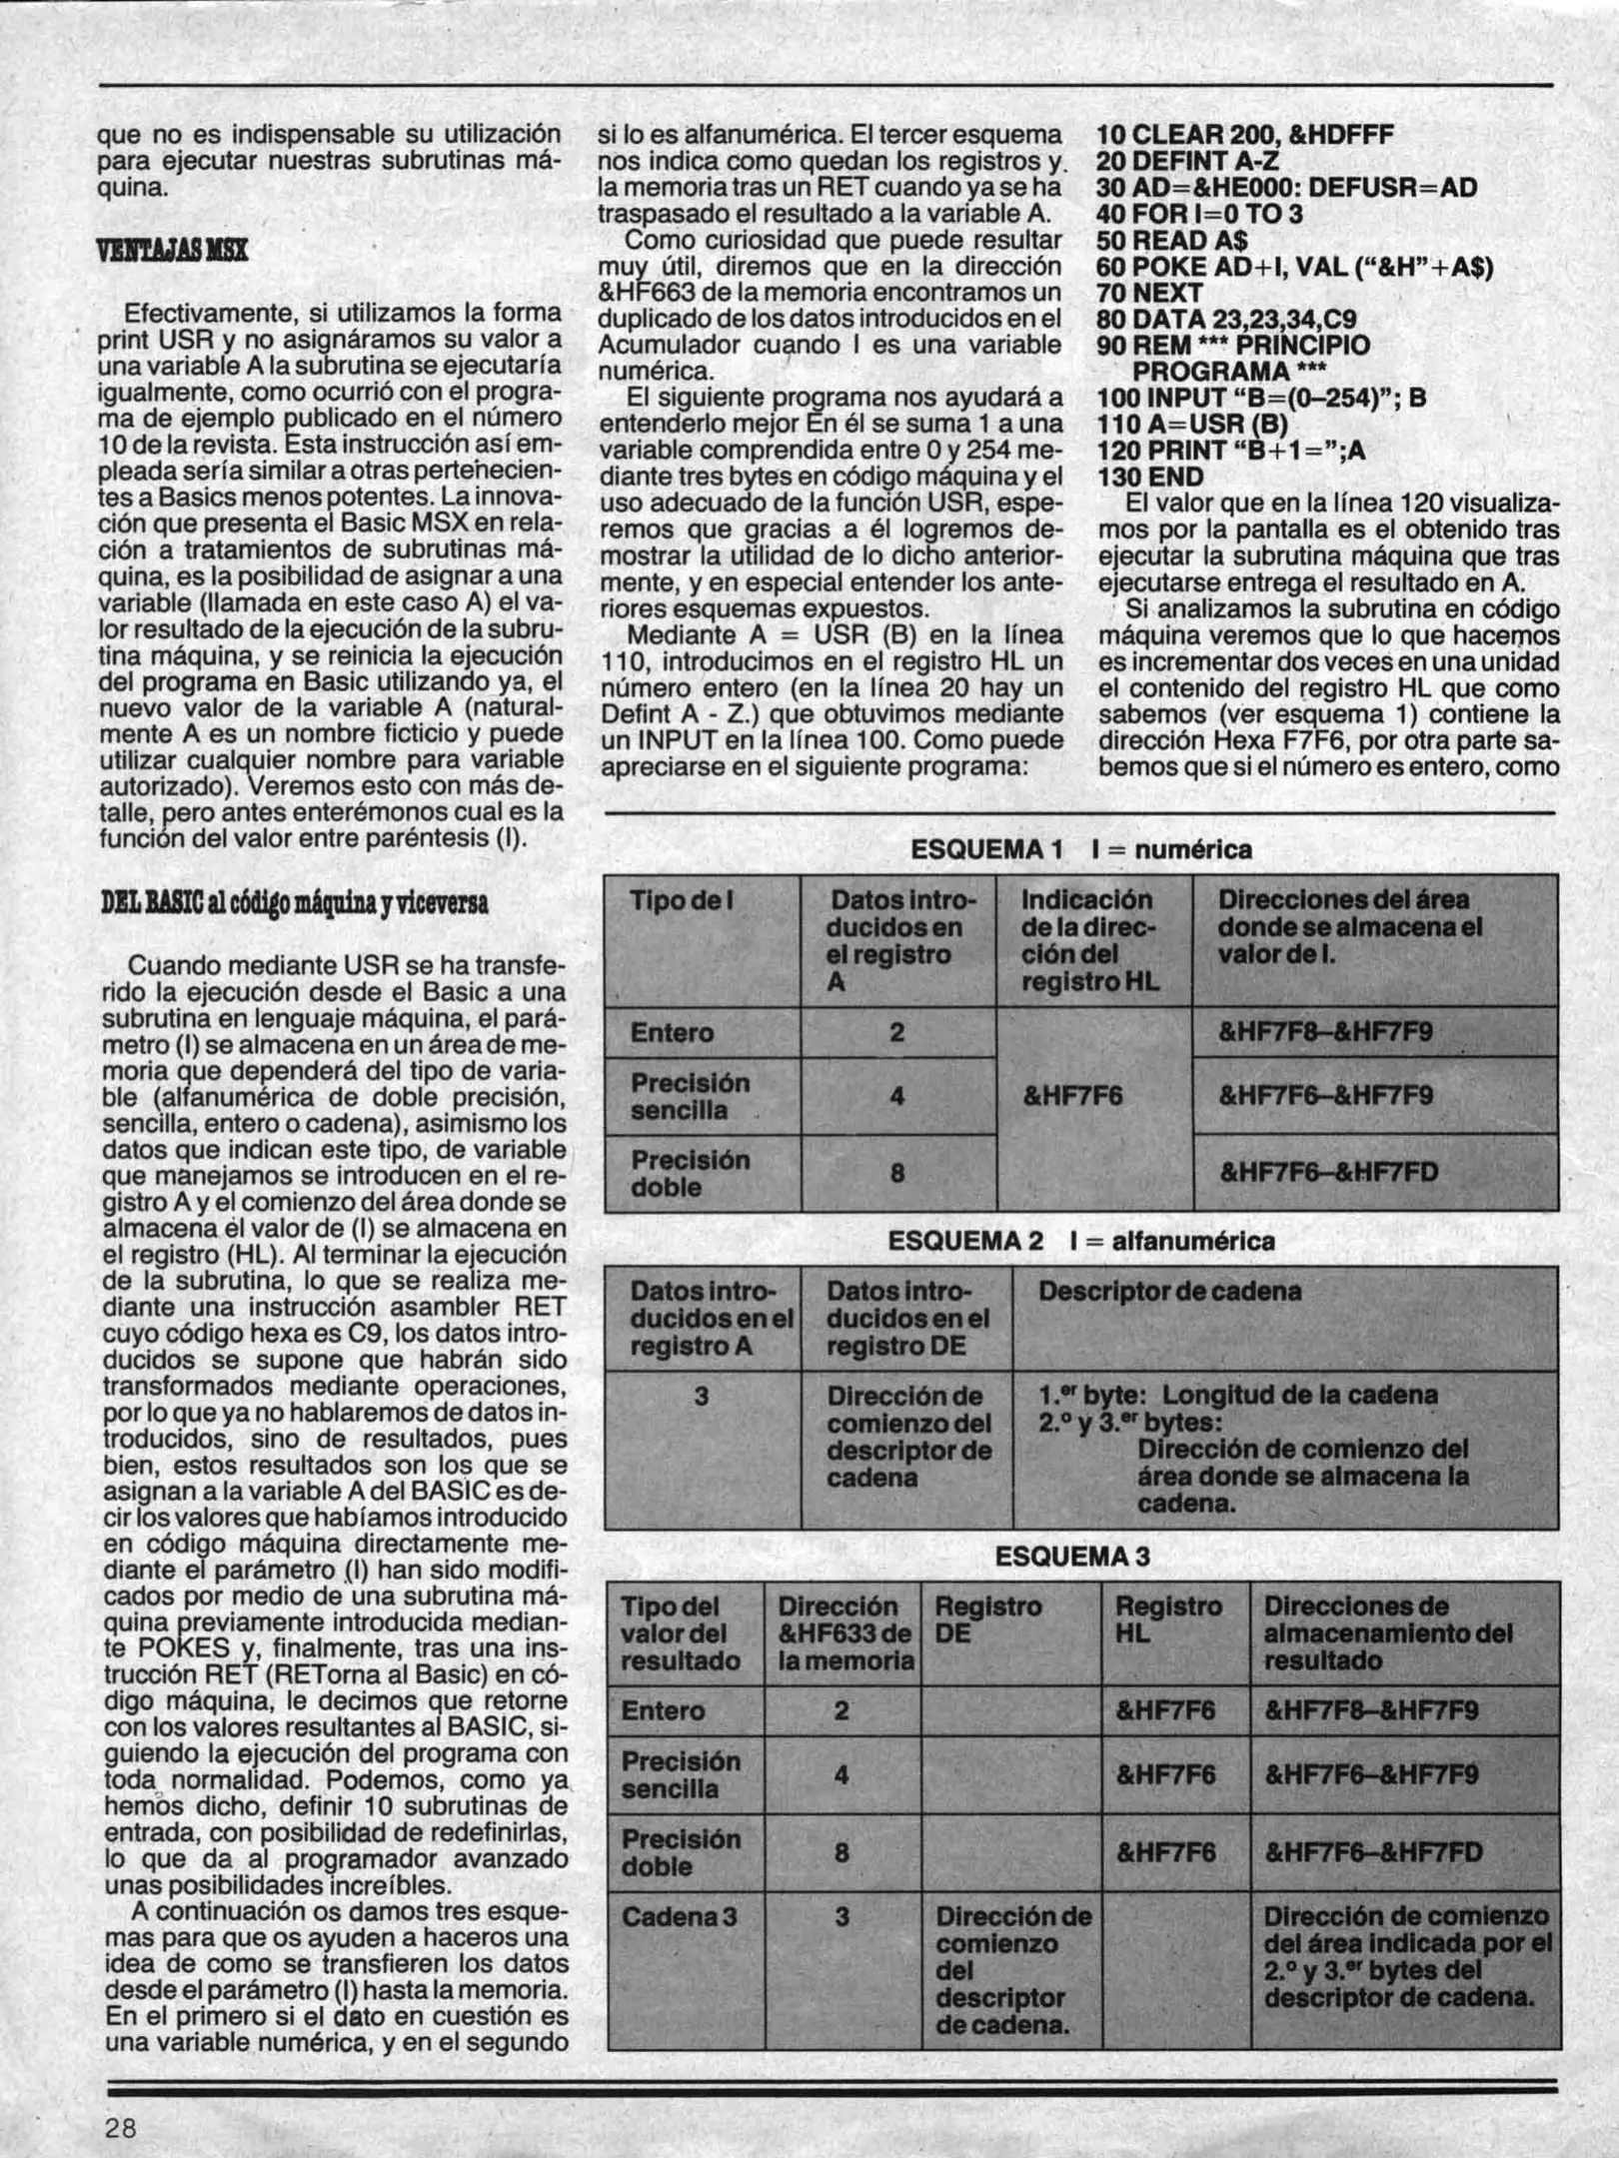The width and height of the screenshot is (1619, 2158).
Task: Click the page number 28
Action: click(122, 2127)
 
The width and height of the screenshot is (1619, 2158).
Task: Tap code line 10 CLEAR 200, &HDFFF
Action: click(1244, 136)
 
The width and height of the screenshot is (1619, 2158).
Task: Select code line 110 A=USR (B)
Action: click(1191, 425)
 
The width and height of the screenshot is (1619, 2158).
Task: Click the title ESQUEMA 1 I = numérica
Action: click(1080, 850)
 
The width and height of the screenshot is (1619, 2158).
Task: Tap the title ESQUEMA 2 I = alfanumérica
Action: click(1080, 1242)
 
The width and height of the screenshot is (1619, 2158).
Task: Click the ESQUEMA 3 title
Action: click(1072, 1557)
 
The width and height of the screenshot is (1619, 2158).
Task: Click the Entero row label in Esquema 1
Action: click(672, 1033)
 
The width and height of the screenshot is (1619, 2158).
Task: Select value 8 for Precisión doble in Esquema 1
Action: click(896, 1173)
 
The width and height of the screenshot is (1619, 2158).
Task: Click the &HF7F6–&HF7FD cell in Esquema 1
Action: click(1328, 1172)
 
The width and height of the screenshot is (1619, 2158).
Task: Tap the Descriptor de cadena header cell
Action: click(1169, 1292)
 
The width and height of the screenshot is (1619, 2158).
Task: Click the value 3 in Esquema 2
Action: click(701, 1396)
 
